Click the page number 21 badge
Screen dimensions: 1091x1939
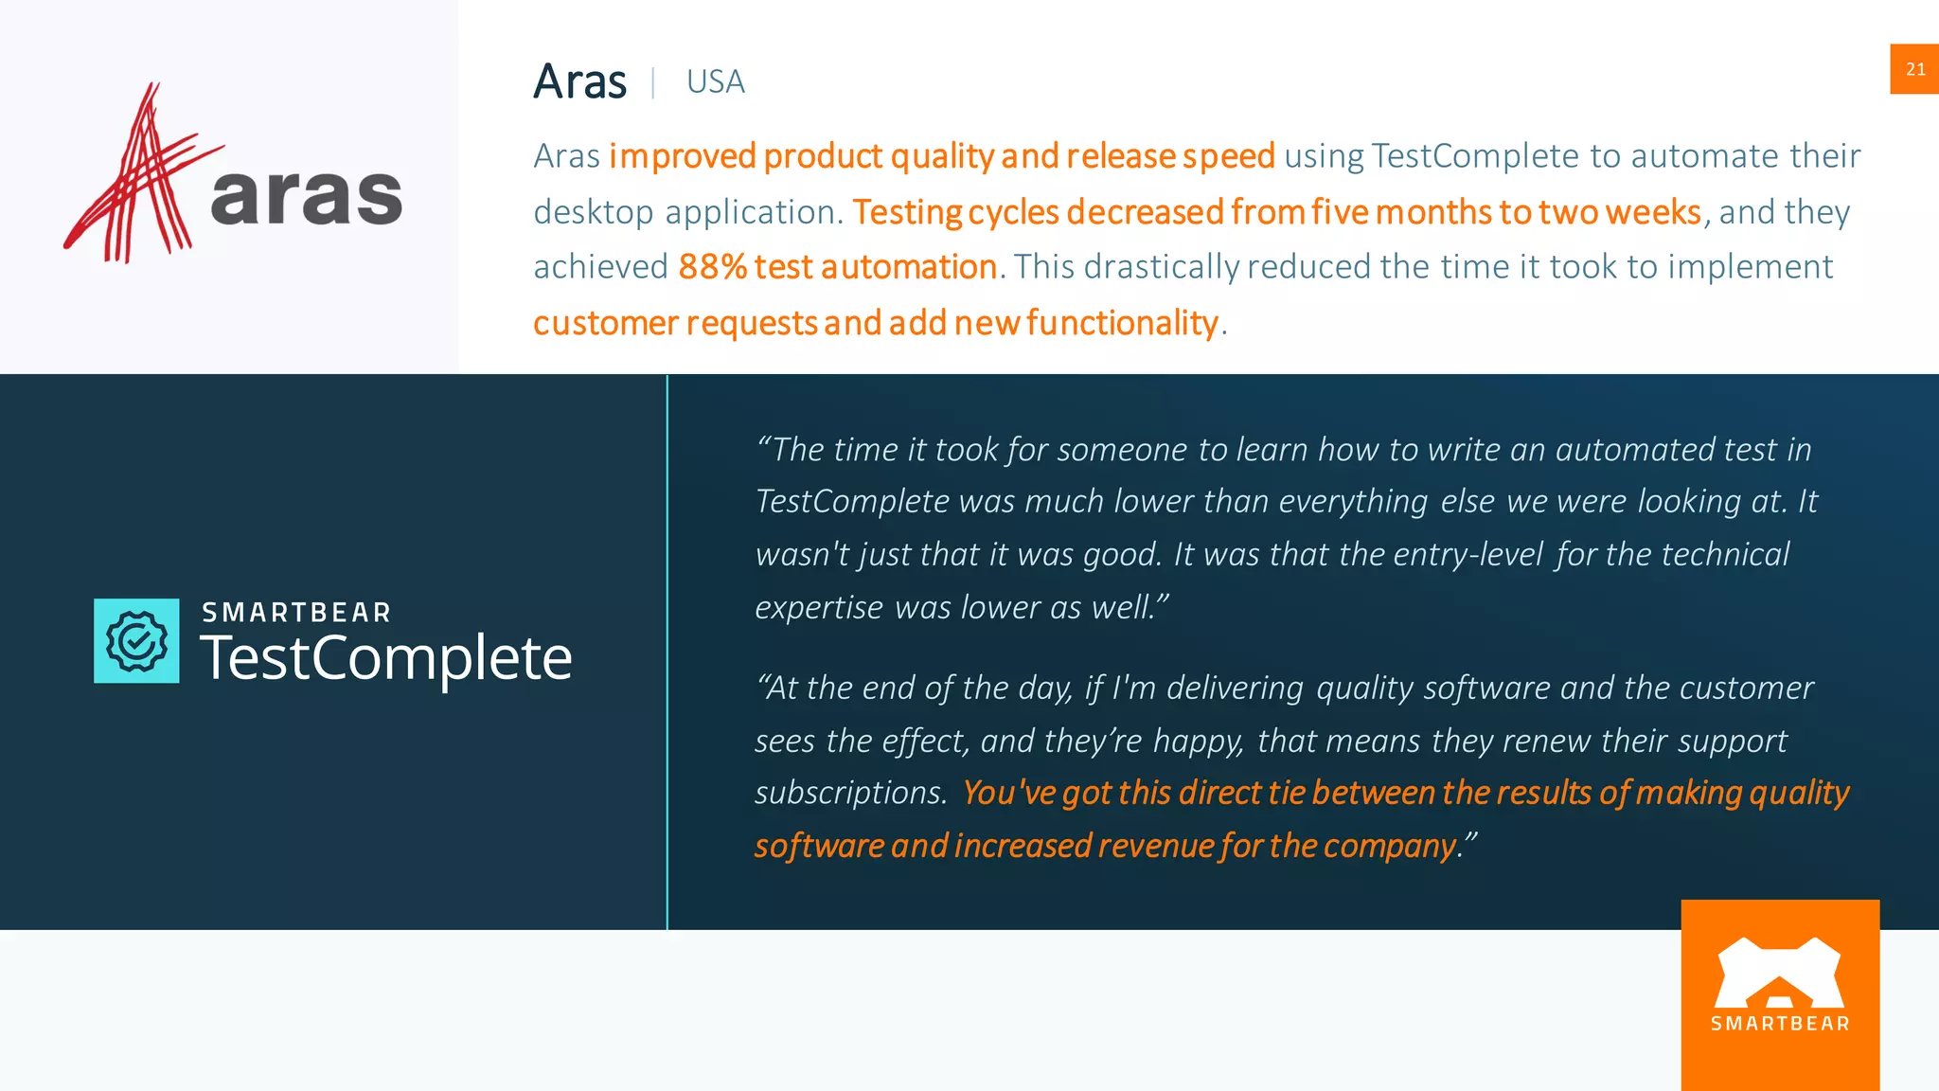(1914, 69)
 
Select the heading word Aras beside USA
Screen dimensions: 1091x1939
(579, 81)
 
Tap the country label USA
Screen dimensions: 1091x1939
(715, 82)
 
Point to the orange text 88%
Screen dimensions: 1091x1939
(712, 267)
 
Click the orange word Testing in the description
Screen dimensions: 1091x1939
(906, 212)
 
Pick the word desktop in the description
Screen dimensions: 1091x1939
(593, 212)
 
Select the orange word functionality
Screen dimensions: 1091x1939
(1122, 323)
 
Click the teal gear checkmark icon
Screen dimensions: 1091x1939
(136, 641)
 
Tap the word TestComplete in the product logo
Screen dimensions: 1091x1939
(385, 658)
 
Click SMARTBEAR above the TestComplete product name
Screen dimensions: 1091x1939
(296, 613)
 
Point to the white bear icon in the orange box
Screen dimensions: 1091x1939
(1779, 973)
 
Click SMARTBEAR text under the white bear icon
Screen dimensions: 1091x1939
(1780, 1024)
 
